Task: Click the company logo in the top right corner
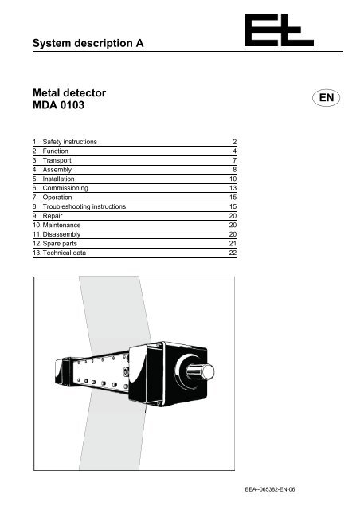[280, 30]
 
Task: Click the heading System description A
[88, 43]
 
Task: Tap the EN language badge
[327, 97]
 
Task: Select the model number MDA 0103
[58, 105]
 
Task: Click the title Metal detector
[69, 93]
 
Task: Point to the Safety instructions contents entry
[69, 142]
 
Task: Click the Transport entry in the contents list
[57, 160]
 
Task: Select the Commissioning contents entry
[65, 188]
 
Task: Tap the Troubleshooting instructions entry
[84, 206]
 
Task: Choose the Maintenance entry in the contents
[61, 225]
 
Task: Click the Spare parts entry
[60, 244]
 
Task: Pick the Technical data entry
[64, 253]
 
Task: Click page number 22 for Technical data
[233, 253]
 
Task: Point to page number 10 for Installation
[233, 178]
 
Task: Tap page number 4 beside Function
[235, 151]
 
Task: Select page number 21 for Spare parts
[233, 244]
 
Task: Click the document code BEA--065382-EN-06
[270, 489]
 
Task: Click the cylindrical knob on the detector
[201, 371]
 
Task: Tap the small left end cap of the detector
[62, 372]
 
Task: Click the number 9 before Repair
[35, 216]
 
